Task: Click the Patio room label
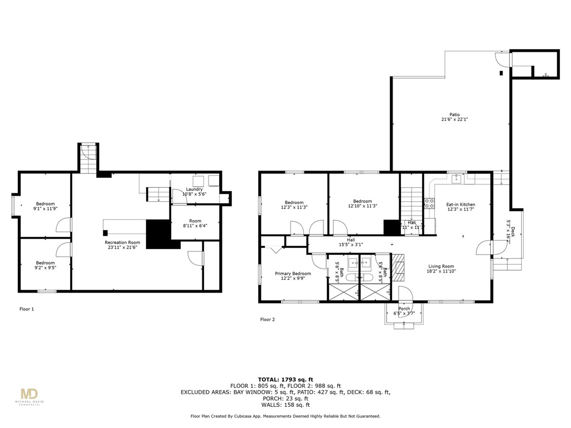tap(454, 114)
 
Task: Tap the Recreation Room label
tap(123, 242)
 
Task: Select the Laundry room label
tap(194, 189)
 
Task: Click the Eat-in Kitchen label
tap(461, 205)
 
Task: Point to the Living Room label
tap(441, 266)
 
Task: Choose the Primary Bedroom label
tap(293, 274)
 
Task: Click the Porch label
tap(404, 309)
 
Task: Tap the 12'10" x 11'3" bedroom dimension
tap(362, 207)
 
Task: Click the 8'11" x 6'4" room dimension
tap(194, 226)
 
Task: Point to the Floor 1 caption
tap(27, 308)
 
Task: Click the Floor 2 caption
tap(268, 319)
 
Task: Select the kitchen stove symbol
tap(430, 203)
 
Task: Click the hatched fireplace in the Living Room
tap(398, 267)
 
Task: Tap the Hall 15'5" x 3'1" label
tap(351, 243)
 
